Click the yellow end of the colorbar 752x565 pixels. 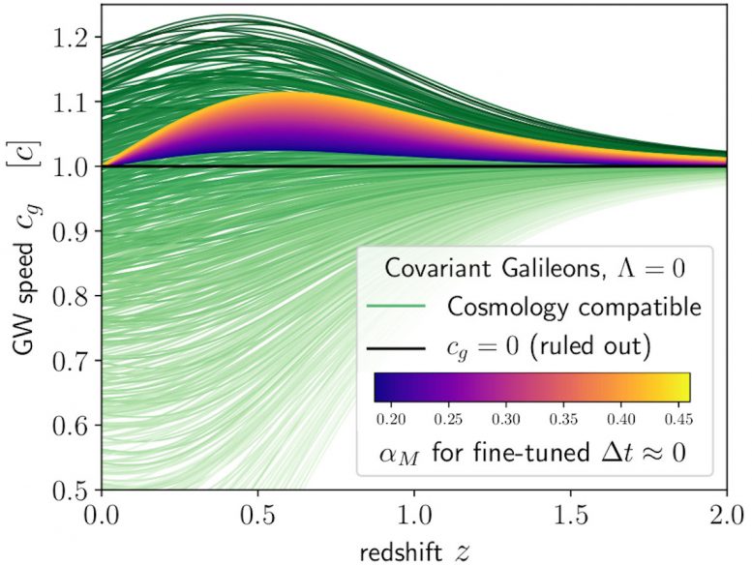point(679,387)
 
